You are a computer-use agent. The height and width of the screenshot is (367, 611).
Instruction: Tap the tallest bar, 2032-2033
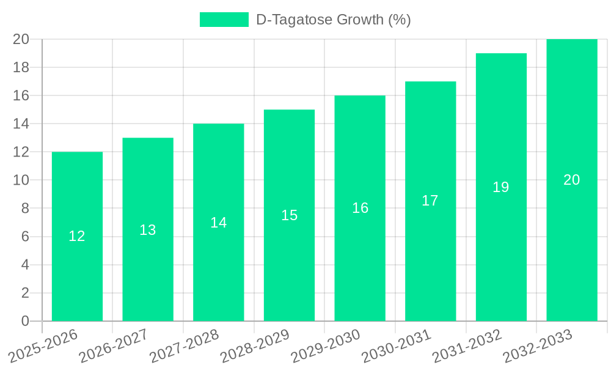[571, 245]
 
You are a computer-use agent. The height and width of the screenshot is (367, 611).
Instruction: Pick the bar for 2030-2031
[430, 257]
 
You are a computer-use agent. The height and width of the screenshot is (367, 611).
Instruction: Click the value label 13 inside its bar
[148, 230]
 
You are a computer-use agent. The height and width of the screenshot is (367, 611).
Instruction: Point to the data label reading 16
[360, 208]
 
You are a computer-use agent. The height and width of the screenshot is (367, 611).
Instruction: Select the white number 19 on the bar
[501, 187]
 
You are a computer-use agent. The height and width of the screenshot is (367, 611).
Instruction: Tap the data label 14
[219, 223]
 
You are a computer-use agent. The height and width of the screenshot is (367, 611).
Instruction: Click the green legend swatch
[224, 20]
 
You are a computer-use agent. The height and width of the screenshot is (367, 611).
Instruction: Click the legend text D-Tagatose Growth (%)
[333, 20]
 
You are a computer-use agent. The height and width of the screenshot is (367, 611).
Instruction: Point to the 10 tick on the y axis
[21, 180]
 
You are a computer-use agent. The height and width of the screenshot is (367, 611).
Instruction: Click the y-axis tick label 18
[21, 67]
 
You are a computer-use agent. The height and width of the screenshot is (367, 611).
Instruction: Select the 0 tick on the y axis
[25, 321]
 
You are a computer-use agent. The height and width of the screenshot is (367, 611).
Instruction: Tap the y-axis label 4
[25, 265]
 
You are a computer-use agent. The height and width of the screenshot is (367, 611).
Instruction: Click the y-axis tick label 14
[21, 124]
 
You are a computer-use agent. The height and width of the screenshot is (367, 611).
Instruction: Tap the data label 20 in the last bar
[571, 180]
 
